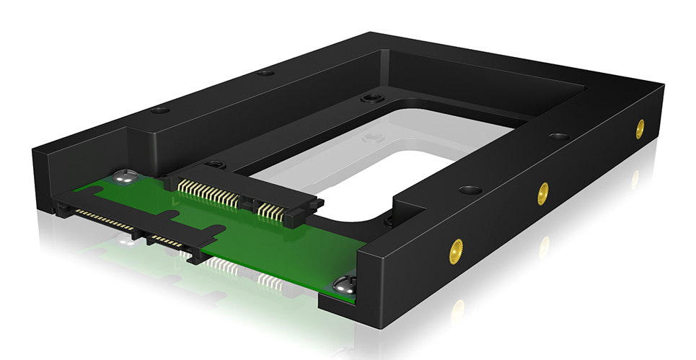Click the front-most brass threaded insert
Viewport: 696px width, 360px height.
point(456,250)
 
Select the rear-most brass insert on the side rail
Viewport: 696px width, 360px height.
point(639,128)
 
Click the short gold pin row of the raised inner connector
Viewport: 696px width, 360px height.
point(272,211)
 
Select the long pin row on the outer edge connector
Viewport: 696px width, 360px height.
point(104,219)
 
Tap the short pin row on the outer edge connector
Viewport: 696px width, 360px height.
point(165,240)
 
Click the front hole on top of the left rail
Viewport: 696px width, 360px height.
point(159,110)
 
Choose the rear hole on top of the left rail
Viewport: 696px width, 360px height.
point(265,72)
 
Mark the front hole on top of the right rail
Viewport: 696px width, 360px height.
point(470,190)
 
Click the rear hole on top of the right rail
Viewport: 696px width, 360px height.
point(559,136)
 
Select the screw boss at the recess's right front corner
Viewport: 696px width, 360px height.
point(389,221)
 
